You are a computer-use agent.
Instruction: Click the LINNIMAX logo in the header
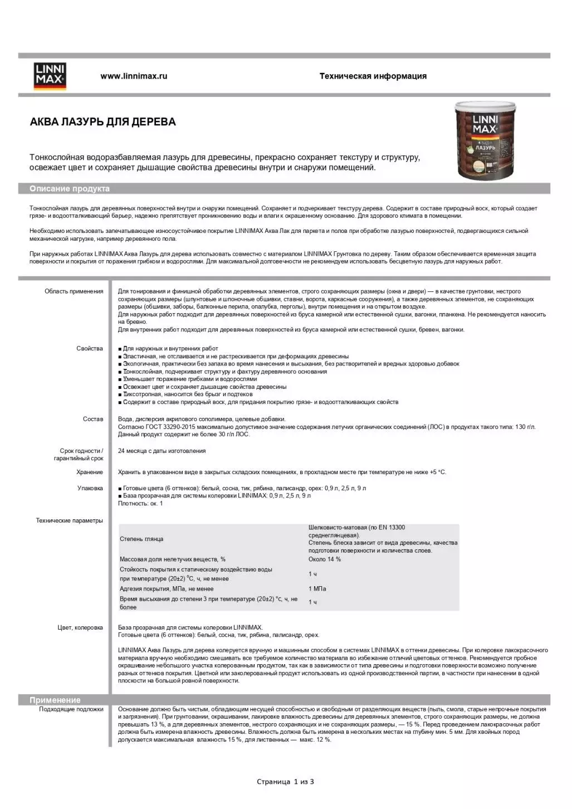50,76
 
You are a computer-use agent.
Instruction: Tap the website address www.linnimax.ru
134,76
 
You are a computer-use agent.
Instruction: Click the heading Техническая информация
373,76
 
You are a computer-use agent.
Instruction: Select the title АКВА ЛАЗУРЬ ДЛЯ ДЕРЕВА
102,122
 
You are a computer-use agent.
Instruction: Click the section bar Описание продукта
70,189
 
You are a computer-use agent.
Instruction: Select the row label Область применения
74,291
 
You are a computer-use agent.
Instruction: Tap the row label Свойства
89,349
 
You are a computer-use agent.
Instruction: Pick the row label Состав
92,419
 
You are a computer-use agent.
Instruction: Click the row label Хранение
89,472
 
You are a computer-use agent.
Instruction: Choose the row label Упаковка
90,488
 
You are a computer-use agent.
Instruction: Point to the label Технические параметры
70,521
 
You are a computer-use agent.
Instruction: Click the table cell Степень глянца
141,539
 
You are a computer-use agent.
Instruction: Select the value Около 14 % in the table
325,559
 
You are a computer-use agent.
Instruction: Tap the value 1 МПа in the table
317,589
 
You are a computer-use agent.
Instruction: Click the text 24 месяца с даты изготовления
162,451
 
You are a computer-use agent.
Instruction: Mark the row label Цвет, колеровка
80,627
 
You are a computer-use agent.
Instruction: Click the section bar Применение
55,700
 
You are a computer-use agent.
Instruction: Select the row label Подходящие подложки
71,709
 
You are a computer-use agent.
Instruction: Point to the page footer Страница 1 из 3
285,782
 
